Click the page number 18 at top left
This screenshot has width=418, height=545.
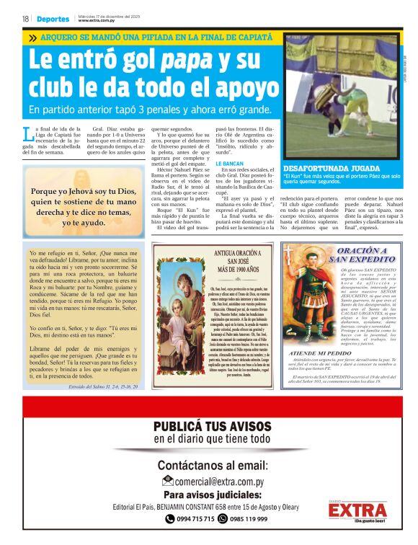[x=25, y=19]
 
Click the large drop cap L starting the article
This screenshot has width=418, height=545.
[x=27, y=133]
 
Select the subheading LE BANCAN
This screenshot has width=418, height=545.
[x=230, y=164]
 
